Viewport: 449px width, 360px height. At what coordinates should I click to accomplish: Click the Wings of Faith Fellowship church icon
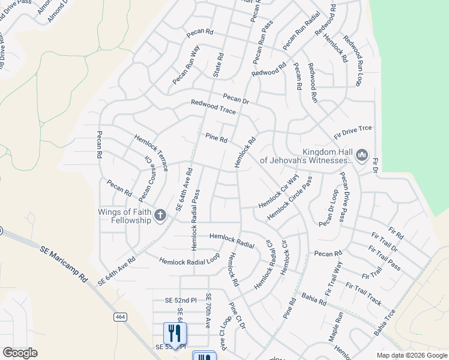click(x=160, y=215)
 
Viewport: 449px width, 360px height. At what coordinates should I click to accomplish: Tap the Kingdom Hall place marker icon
click(x=361, y=155)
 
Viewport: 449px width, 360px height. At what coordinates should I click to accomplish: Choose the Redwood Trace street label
click(x=213, y=107)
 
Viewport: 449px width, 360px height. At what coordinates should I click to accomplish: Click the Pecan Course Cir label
click(x=145, y=179)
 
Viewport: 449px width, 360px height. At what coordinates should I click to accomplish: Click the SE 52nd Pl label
click(x=172, y=300)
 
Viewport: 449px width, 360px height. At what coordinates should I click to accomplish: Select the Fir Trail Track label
click(x=364, y=292)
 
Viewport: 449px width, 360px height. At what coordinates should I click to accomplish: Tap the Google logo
click(x=20, y=352)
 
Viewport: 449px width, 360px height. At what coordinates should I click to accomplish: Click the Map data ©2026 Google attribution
click(x=411, y=355)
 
